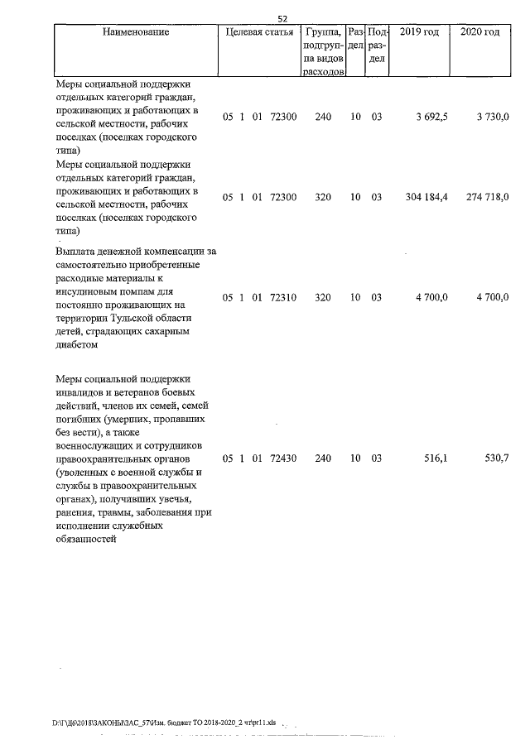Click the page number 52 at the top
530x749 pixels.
tap(282, 18)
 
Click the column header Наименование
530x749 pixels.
tap(137, 32)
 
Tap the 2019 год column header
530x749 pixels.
tap(419, 32)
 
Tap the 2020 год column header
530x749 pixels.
tap(479, 32)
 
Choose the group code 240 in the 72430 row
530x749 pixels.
tap(323, 458)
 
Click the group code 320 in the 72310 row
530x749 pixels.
tap(323, 296)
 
